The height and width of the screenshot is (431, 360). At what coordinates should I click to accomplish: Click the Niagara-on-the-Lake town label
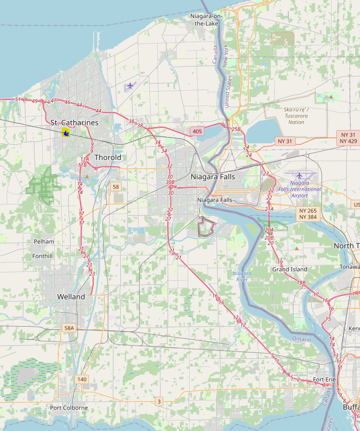coord(206,20)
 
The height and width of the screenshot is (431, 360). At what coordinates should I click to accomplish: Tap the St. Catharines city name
coord(74,122)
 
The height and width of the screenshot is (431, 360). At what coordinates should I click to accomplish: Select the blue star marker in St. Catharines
coord(66,133)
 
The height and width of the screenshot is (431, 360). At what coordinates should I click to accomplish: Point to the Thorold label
coord(108,157)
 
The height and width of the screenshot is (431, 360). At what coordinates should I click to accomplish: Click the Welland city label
coord(71,297)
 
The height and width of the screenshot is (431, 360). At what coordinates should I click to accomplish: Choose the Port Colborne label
coord(70,408)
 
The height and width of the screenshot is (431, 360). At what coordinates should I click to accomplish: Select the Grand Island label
coord(289,269)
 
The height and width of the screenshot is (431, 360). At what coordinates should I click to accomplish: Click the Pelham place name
coord(44,241)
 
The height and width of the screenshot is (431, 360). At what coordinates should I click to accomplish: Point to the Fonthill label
coord(42,256)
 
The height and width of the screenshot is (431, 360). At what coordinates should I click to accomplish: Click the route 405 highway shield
coord(197,131)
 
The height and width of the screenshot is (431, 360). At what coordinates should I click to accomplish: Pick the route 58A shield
coord(69,328)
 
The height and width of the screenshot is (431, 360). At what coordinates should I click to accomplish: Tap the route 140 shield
coord(82,379)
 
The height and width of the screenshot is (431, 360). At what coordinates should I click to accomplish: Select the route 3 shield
coord(159,402)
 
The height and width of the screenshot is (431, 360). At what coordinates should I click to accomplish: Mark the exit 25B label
coord(236,129)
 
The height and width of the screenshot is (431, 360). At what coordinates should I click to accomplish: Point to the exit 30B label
coord(170,182)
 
